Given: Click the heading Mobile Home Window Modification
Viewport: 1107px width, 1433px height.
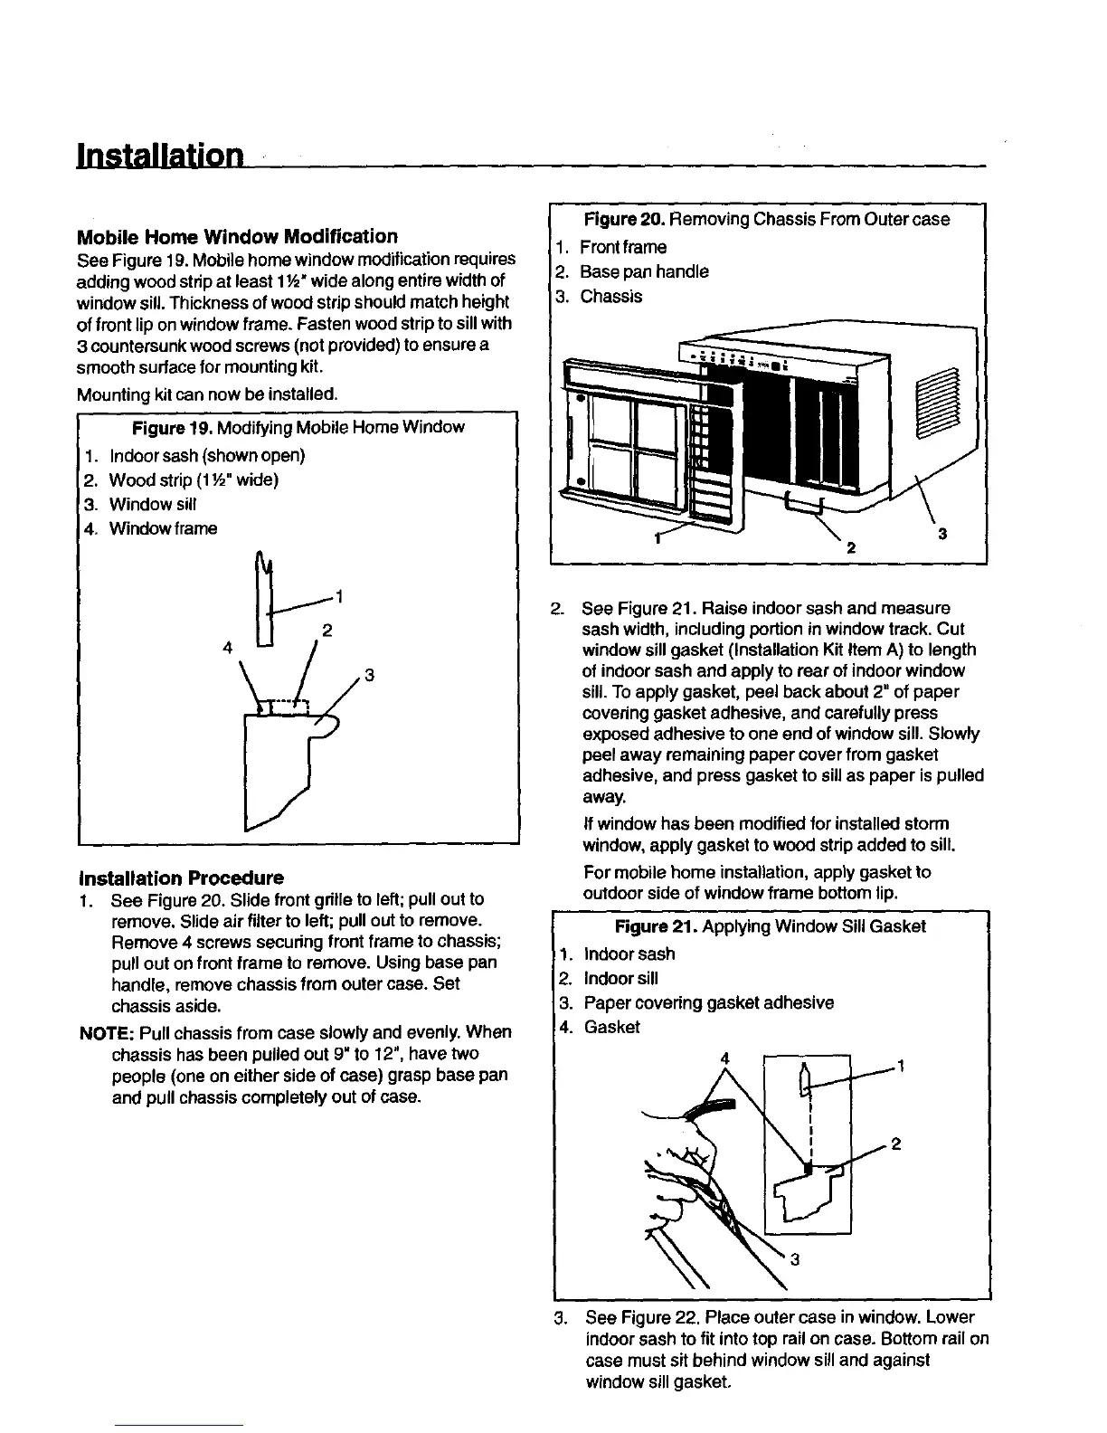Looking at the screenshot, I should (237, 237).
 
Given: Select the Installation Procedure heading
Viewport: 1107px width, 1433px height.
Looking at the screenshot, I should (181, 878).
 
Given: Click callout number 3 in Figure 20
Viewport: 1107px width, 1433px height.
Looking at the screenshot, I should (942, 535).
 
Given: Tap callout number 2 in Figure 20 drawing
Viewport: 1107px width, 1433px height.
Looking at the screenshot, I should (849, 547).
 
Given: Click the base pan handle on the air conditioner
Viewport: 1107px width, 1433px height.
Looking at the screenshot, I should (803, 503).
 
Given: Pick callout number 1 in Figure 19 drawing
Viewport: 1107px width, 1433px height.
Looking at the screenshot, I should (339, 596).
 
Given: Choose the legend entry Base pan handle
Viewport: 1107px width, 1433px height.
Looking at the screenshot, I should (644, 272).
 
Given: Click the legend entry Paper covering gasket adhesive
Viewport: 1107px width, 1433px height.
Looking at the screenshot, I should (708, 1003).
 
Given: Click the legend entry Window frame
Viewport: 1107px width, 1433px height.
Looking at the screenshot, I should (163, 528).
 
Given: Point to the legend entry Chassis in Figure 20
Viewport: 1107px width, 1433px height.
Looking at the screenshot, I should (610, 297).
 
